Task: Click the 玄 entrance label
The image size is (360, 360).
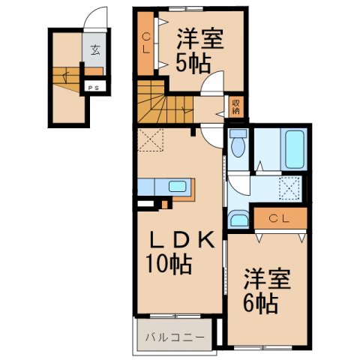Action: [95, 51]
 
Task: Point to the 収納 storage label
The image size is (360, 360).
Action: [235, 106]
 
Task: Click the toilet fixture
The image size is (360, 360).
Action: [238, 142]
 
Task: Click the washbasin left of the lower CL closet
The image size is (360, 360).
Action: [238, 219]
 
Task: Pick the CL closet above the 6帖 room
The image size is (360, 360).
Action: [280, 218]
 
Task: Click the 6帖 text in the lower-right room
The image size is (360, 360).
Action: [261, 304]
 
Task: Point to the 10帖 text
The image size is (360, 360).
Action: [169, 265]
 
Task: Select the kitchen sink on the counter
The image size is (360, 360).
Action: [178, 186]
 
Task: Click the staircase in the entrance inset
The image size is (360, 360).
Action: [66, 77]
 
